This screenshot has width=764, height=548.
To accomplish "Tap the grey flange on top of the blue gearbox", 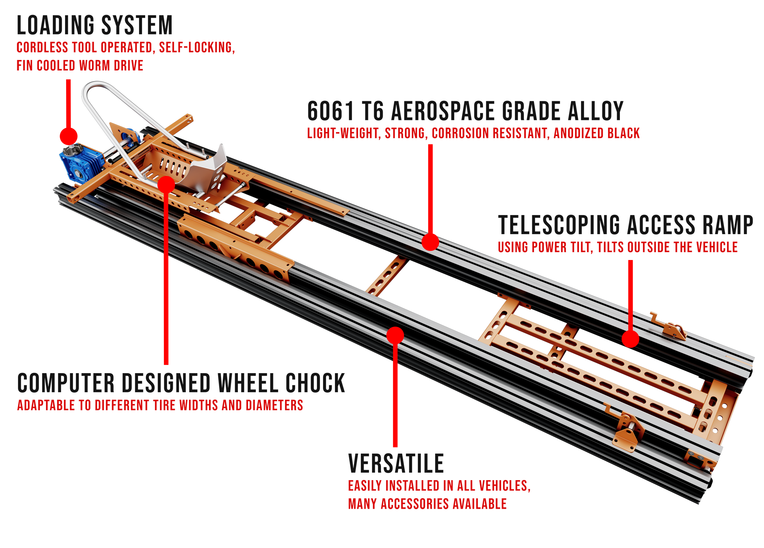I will point(73,148).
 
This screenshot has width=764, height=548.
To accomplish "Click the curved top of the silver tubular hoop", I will point(94,86).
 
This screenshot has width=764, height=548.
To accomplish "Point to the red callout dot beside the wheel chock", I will point(166,185).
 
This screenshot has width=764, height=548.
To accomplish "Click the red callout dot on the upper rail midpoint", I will point(430,242).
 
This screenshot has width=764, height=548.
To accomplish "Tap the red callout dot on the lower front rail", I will point(395,335).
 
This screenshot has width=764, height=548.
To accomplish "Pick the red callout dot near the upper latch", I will point(630,339).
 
